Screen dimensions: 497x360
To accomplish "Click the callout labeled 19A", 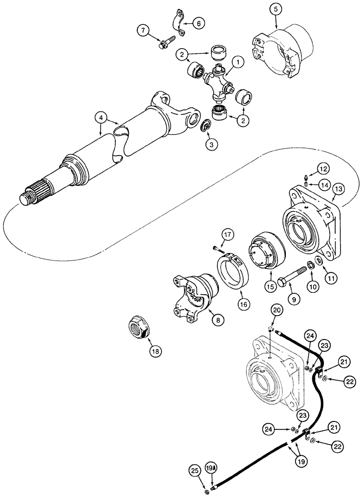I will click(212, 468).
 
